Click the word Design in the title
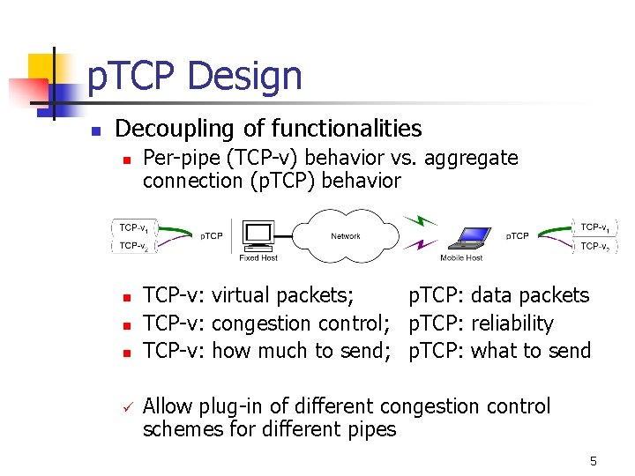click(x=244, y=77)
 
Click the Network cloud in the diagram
click(x=346, y=234)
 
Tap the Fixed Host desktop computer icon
click(x=258, y=234)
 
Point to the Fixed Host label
click(x=258, y=258)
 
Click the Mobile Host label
click(x=461, y=258)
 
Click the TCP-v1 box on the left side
click(x=134, y=227)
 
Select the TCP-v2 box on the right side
click(x=594, y=247)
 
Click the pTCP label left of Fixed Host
click(x=211, y=236)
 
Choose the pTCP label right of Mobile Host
click(x=517, y=236)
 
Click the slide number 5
click(x=594, y=461)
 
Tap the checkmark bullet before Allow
click(x=127, y=407)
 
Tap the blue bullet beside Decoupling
click(x=97, y=130)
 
